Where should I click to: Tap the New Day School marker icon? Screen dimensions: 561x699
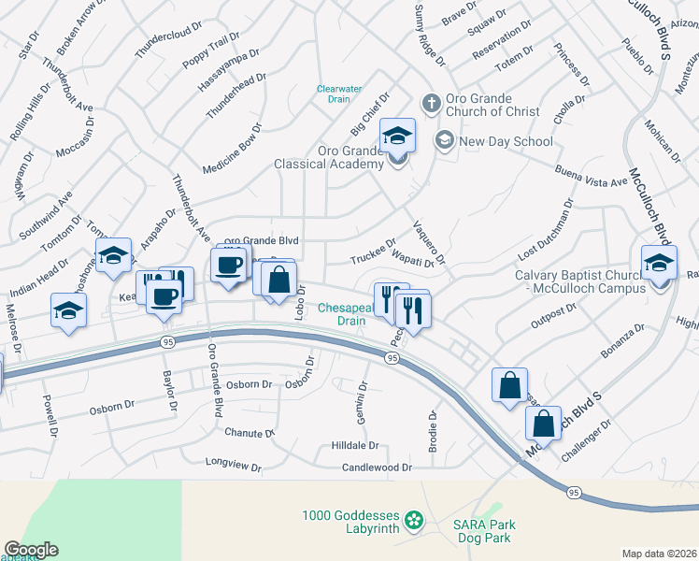(444, 141)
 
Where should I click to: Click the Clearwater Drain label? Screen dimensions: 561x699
(338, 93)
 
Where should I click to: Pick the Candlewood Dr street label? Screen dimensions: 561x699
(377, 467)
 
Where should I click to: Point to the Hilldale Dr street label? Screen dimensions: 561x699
(354, 446)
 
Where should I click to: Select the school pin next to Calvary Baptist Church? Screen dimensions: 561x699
(658, 263)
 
